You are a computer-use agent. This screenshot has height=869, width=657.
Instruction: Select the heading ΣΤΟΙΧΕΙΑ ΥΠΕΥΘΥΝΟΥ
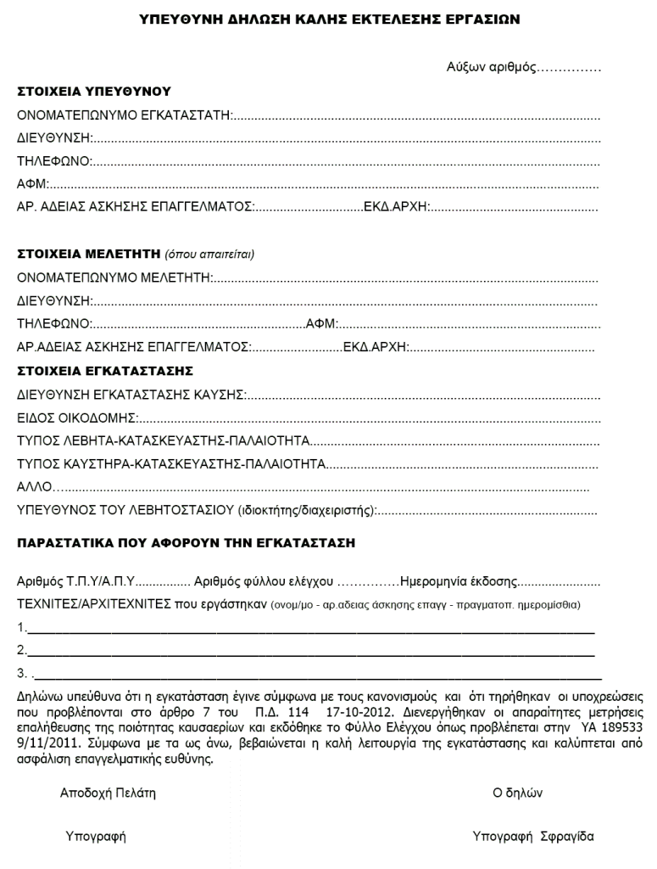(x=94, y=91)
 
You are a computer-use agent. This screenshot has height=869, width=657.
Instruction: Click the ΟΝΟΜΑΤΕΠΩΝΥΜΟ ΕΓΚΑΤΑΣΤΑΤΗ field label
(x=125, y=115)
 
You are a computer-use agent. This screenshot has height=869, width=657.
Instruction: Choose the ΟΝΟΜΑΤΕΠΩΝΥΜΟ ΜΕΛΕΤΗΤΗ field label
(x=114, y=277)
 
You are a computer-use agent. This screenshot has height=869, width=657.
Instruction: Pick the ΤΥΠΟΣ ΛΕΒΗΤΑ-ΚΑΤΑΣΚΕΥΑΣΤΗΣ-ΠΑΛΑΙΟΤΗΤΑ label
(x=163, y=440)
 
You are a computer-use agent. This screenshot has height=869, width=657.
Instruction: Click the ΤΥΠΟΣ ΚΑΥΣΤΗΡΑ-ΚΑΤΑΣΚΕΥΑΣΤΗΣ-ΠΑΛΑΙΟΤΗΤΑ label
(x=171, y=464)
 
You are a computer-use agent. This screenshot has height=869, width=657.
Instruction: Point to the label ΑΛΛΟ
(x=35, y=487)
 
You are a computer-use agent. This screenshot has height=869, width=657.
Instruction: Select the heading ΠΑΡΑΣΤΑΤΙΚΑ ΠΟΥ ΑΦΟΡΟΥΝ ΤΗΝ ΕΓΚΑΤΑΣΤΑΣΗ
(x=187, y=541)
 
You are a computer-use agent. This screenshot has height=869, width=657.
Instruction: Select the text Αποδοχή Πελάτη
(x=108, y=793)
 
